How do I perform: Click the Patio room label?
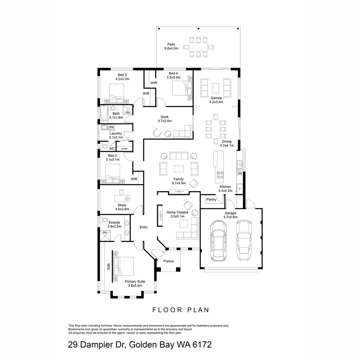coord(171,44)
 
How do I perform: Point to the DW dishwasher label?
coord(240,174)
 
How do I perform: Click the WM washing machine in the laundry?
coord(111,127)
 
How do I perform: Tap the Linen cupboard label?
coord(124,148)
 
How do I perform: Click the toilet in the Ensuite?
coord(104,220)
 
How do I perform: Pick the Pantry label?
coord(211,200)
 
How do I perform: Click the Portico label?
coord(169,261)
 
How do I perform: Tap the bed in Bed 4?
coord(179,88)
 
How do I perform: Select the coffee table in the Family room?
coord(178,169)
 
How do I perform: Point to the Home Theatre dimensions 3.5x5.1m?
coord(177,217)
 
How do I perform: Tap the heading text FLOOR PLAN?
coord(181,310)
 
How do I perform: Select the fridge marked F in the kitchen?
coord(240,189)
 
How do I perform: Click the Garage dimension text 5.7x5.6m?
coord(230,217)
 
